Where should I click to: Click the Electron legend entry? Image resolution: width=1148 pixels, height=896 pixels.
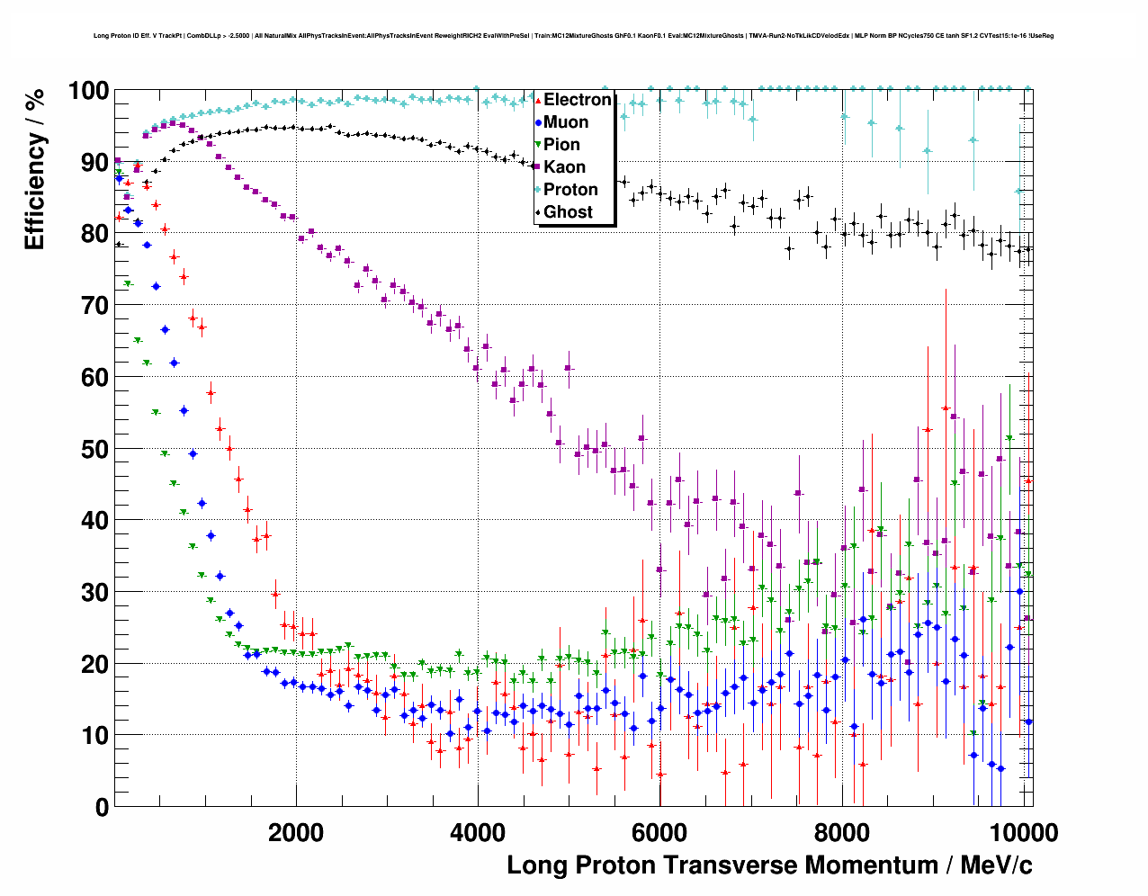577,100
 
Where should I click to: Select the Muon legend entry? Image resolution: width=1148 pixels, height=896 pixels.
566,122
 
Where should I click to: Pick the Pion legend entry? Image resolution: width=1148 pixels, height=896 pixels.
561,145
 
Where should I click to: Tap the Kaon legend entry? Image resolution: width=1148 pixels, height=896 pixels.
564,167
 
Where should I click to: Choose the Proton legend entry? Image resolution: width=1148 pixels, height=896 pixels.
570,190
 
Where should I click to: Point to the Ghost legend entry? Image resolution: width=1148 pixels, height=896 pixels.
568,212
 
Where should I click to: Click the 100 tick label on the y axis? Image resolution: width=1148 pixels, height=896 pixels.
88,91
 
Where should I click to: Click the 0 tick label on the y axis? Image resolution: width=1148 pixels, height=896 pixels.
102,807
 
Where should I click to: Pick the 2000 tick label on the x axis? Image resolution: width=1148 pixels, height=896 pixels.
296,832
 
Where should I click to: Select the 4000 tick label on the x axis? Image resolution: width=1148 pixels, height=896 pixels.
478,832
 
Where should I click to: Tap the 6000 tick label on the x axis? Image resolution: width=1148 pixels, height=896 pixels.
659,832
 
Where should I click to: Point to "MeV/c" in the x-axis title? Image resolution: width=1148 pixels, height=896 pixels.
996,865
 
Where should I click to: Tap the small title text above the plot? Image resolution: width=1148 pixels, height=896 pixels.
573,36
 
